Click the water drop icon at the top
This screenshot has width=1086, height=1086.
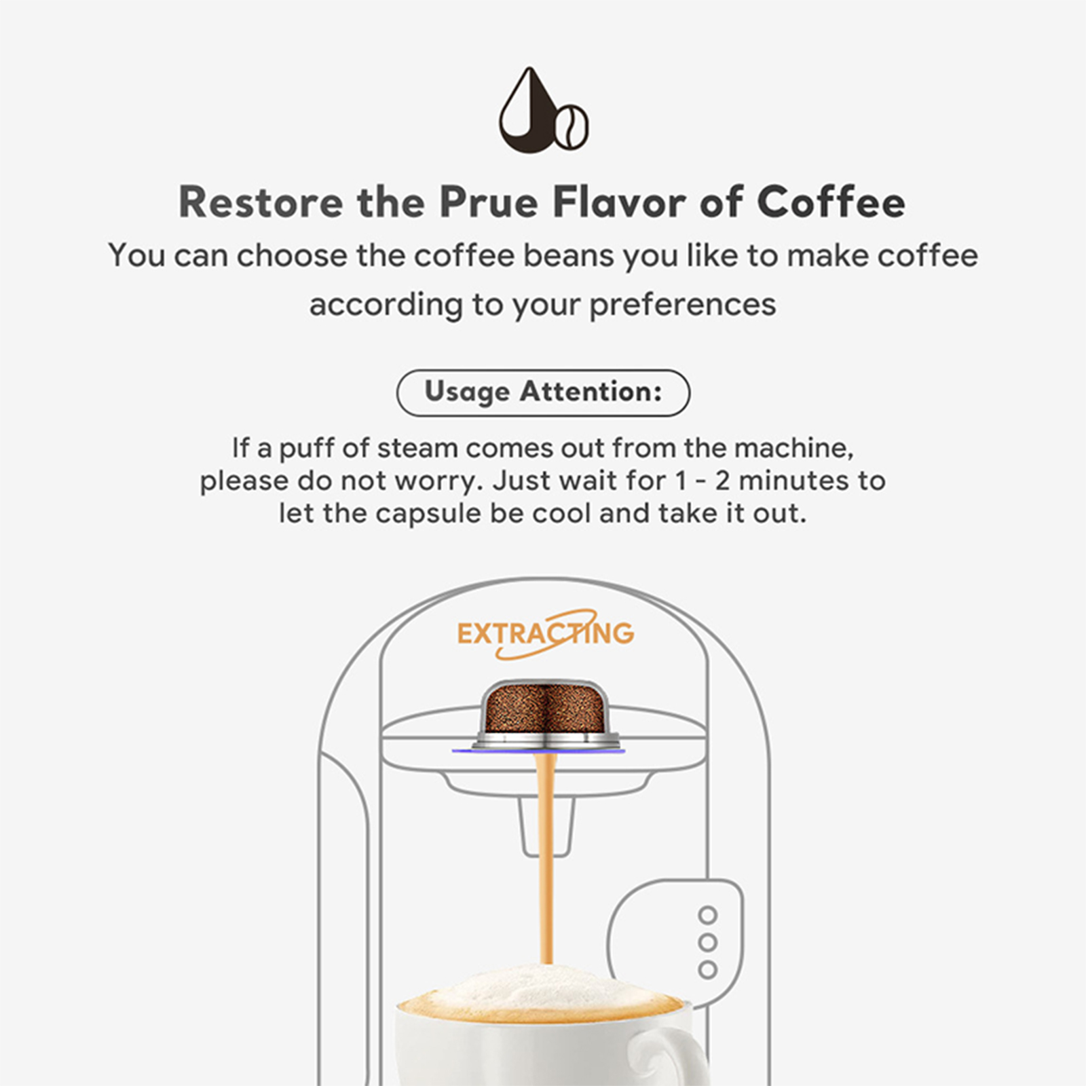(529, 112)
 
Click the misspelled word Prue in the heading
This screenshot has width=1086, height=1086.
(489, 202)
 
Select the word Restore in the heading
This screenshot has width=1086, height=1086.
(261, 202)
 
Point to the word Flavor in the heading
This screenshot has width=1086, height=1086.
(619, 202)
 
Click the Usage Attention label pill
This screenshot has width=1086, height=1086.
(543, 392)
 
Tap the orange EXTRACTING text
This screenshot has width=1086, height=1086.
(546, 634)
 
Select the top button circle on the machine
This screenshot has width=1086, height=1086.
(708, 915)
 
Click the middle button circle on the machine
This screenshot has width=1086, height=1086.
(708, 942)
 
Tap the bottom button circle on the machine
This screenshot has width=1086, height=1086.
(708, 969)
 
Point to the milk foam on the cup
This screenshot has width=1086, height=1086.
(540, 991)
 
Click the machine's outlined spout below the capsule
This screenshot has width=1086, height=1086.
(546, 825)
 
